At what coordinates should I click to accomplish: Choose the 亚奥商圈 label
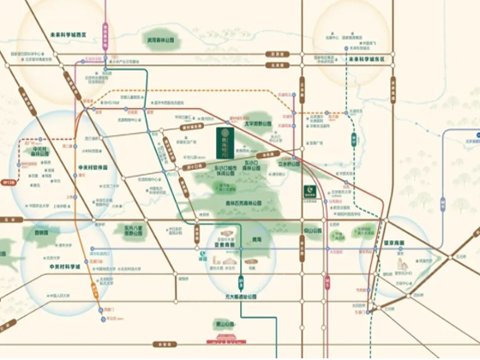(x=225, y=243)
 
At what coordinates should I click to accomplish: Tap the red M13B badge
(x=10, y=181)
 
